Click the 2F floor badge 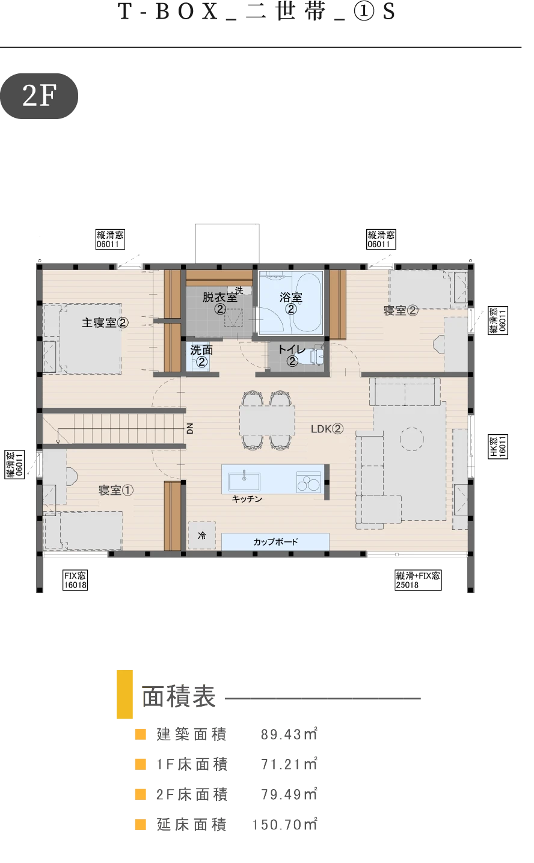pos(39,96)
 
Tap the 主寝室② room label pos(105,322)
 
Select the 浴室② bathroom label pos(291,303)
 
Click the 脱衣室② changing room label pos(220,303)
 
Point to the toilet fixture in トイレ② pos(317,354)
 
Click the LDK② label pos(327,429)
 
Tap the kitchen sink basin pos(244,481)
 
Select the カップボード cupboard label pos(275,542)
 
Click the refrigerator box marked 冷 pos(202,535)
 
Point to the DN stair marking pos(189,428)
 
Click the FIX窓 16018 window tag pos(75,580)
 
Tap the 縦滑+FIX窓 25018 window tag pos(418,580)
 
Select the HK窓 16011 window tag pos(498,446)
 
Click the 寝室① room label pos(116,490)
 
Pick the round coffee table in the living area pos(412,439)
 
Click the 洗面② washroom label pos(201,355)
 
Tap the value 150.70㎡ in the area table pos(284,824)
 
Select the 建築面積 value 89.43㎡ pos(289,734)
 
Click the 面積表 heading pos(179,696)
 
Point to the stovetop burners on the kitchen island pos(308,482)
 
